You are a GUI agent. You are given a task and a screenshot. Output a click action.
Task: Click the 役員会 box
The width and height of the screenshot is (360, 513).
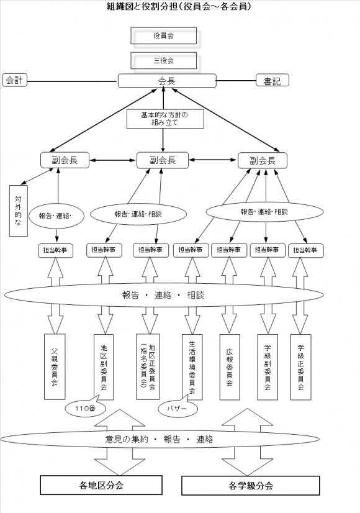click(163, 35)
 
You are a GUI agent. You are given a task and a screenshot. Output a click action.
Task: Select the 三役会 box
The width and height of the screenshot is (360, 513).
click(163, 60)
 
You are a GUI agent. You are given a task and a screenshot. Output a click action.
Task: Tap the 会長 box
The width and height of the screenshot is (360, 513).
click(167, 81)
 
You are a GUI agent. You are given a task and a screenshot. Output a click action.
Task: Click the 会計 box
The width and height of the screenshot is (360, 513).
click(14, 80)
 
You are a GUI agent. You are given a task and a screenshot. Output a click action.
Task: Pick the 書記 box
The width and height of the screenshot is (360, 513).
click(272, 81)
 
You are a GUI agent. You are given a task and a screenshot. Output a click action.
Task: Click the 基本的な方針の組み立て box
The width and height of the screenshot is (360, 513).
click(165, 119)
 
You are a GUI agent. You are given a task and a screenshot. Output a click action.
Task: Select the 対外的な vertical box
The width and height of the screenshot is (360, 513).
click(19, 211)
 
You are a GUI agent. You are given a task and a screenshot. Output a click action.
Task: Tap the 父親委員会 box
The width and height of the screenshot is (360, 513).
click(55, 367)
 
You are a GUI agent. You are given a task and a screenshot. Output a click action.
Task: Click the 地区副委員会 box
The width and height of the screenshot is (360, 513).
click(104, 367)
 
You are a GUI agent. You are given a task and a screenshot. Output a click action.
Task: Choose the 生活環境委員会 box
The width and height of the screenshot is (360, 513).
click(192, 367)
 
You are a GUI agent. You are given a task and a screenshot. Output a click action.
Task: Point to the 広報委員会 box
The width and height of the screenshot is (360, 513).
click(230, 367)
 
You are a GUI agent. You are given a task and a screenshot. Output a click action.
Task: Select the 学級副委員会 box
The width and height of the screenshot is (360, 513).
click(268, 367)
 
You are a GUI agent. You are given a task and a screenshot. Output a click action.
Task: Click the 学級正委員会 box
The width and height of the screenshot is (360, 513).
click(301, 367)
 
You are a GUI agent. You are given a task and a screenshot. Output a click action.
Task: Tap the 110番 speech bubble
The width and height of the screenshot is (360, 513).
click(85, 407)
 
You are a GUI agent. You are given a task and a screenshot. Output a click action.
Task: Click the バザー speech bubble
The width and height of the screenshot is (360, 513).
click(178, 408)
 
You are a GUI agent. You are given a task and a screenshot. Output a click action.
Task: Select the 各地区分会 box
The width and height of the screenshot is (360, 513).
click(101, 485)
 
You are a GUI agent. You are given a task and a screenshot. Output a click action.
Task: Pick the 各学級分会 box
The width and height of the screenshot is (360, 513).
click(251, 486)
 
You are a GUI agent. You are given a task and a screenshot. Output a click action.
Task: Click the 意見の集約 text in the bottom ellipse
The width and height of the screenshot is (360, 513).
click(127, 439)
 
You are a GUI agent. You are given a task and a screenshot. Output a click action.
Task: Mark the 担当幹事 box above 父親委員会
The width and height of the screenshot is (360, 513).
click(55, 250)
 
